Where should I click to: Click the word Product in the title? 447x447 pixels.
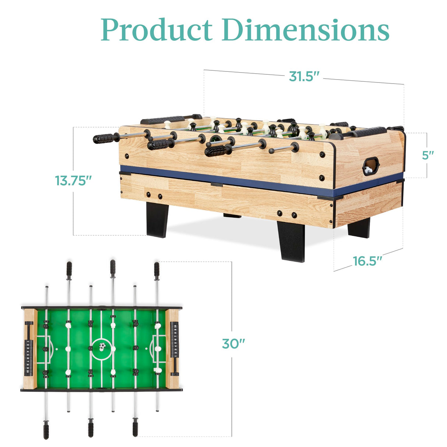(x=157, y=30)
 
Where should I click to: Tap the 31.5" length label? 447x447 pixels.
(x=303, y=77)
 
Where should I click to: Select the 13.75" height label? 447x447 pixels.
(x=73, y=181)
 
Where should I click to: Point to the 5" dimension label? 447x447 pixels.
(x=428, y=155)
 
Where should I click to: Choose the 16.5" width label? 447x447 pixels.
(x=367, y=261)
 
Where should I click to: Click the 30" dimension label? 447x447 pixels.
(x=233, y=344)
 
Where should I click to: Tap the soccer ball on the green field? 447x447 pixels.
(x=102, y=346)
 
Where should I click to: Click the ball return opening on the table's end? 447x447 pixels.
(x=370, y=166)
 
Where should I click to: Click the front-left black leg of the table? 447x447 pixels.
(x=157, y=219)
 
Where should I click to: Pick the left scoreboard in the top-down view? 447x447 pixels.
(x=28, y=358)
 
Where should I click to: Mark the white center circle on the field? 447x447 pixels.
(x=102, y=348)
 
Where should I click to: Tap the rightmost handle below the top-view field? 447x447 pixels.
(x=135, y=429)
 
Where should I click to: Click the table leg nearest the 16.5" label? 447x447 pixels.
(x=359, y=228)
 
